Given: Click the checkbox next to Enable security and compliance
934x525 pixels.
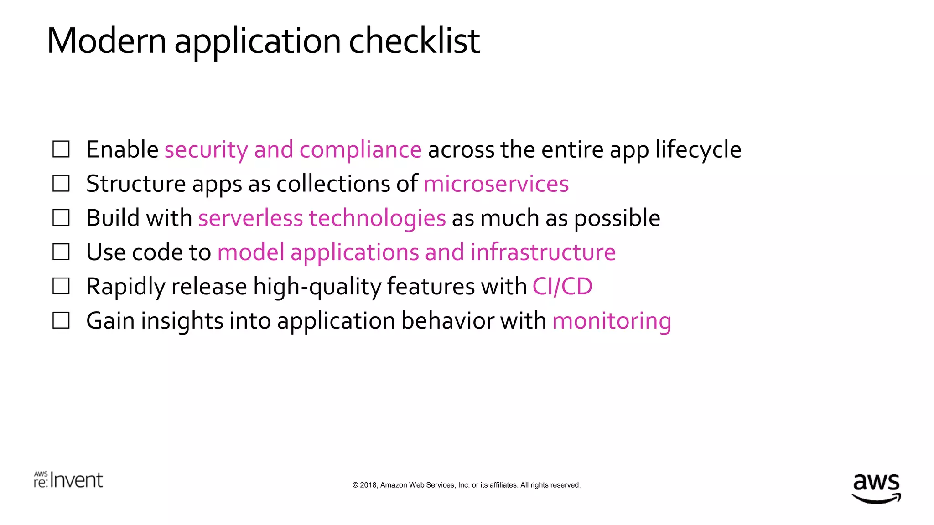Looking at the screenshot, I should pyautogui.click(x=61, y=149).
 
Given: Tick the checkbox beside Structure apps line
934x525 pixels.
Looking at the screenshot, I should pyautogui.click(x=61, y=183).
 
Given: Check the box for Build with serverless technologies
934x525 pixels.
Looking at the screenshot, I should pyautogui.click(x=61, y=218).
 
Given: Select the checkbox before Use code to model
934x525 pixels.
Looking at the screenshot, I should pyautogui.click(x=61, y=252).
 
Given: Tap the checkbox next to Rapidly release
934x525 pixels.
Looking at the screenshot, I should pyautogui.click(x=61, y=286).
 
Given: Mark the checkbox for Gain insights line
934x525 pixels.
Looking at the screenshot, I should pyautogui.click(x=61, y=320).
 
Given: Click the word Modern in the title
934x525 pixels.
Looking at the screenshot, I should pyautogui.click(x=106, y=41).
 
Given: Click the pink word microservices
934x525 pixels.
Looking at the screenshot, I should pyautogui.click(x=496, y=184).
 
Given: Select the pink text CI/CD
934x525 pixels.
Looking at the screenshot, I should pyautogui.click(x=562, y=287).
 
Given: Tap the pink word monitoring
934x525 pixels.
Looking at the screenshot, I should pyautogui.click(x=612, y=321).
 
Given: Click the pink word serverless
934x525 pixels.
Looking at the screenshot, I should pyautogui.click(x=250, y=218).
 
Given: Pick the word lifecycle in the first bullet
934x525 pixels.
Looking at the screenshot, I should pyautogui.click(x=698, y=150).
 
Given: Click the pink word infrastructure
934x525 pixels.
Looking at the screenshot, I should pyautogui.click(x=543, y=252).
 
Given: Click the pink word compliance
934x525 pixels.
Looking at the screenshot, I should pyautogui.click(x=360, y=150).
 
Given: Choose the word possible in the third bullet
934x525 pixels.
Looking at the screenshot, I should pyautogui.click(x=617, y=218).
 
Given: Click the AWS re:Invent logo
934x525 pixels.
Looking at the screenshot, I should pyautogui.click(x=68, y=480).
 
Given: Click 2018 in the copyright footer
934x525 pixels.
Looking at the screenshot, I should pyautogui.click(x=368, y=485).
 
